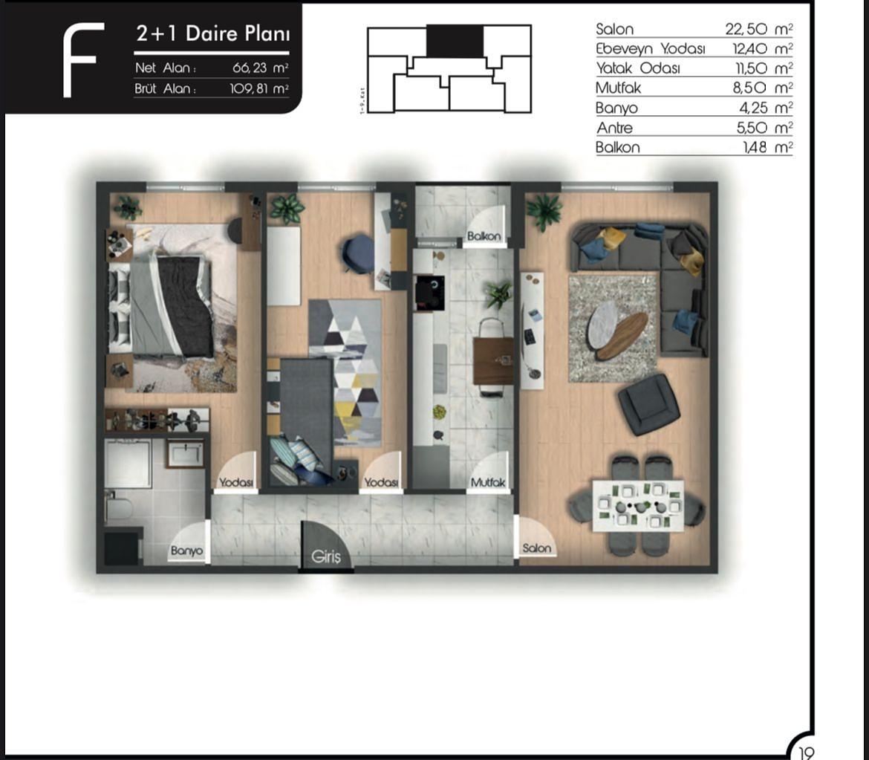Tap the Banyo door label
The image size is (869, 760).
click(186, 551)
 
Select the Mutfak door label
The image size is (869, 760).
click(488, 482)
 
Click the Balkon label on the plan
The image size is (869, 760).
click(484, 236)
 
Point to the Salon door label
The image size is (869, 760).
click(537, 548)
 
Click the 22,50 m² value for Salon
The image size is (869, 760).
click(758, 29)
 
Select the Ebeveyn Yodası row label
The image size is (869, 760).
click(651, 49)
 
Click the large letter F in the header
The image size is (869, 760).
click(82, 59)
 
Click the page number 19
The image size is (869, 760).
click(806, 752)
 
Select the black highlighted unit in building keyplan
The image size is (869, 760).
click(455, 41)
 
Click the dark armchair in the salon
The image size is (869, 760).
click(648, 404)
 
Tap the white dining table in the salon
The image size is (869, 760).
click(638, 505)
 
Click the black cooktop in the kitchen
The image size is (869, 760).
click(429, 291)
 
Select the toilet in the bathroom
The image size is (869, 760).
click(119, 509)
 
